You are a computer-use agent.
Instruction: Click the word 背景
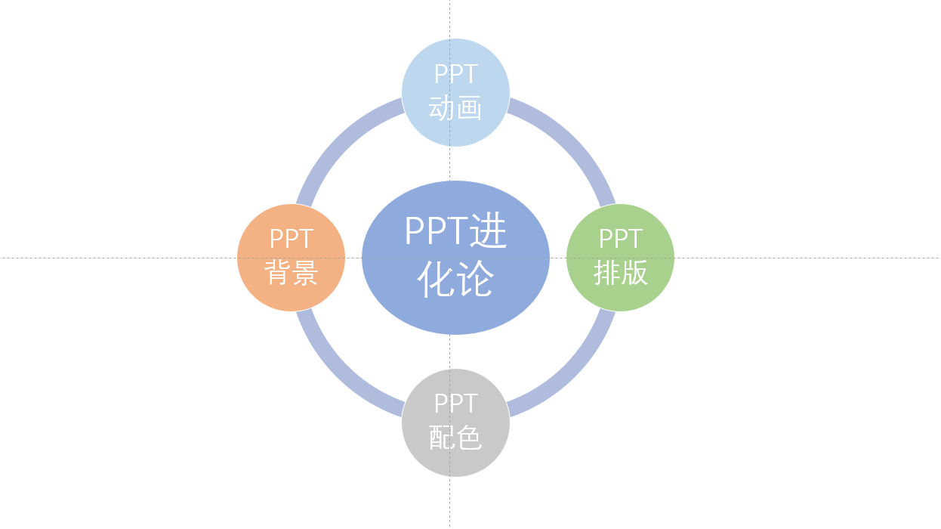pyautogui.click(x=292, y=273)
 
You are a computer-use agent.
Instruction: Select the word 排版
pyautogui.click(x=621, y=273)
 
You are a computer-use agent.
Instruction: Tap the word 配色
pyautogui.click(x=455, y=438)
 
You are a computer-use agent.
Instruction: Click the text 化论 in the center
pyautogui.click(x=455, y=280)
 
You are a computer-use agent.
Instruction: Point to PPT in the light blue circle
pyautogui.click(x=455, y=74)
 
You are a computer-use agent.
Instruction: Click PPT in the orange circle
pyautogui.click(x=291, y=239)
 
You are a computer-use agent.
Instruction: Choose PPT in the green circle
pyautogui.click(x=620, y=239)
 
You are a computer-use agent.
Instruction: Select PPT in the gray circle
pyautogui.click(x=455, y=404)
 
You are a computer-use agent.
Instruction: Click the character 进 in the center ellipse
pyautogui.click(x=488, y=231)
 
